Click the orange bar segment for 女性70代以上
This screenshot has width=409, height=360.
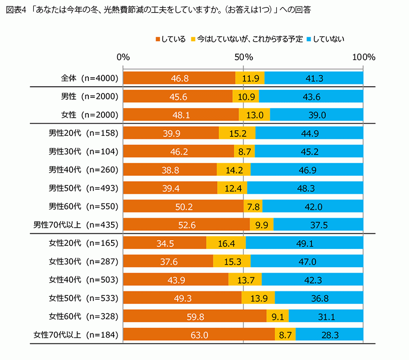[198, 334]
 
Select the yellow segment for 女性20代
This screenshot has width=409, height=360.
[226, 243]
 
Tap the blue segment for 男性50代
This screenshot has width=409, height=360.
[305, 188]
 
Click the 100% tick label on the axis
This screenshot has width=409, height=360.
[363, 57]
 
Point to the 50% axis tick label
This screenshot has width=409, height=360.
[243, 57]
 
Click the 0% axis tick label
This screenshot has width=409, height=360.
[123, 57]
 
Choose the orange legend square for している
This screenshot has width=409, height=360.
[158, 38]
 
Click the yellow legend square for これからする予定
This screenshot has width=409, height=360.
[193, 38]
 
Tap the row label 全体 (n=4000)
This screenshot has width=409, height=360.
[89, 78]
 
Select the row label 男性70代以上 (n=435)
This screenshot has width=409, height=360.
[75, 225]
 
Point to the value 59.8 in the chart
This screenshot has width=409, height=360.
[194, 316]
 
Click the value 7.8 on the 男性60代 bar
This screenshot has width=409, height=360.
[252, 207]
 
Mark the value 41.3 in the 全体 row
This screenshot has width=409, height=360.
[314, 78]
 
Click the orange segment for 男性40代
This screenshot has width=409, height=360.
[170, 170]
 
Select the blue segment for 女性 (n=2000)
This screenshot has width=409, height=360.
[317, 115]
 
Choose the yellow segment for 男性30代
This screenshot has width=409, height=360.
[244, 151]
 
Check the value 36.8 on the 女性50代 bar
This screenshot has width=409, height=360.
[319, 298]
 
